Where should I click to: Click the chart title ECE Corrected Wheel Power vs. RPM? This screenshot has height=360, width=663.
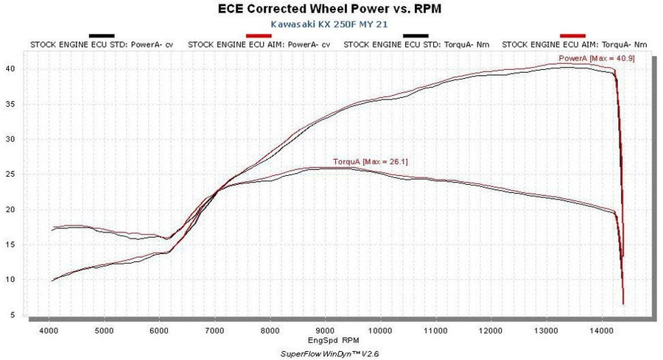click(x=331, y=9)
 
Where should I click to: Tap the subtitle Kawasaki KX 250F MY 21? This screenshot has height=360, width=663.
click(x=331, y=24)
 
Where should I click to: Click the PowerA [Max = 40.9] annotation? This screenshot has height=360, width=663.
click(x=586, y=58)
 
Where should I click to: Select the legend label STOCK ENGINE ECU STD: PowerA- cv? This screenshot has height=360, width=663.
click(x=102, y=45)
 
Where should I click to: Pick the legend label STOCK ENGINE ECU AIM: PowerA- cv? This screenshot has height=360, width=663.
click(x=259, y=45)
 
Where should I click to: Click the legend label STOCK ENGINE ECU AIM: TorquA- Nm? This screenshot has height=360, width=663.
click(x=574, y=45)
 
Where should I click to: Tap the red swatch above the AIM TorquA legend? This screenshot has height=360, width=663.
click(x=572, y=35)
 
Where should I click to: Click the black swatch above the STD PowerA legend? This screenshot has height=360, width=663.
click(x=101, y=35)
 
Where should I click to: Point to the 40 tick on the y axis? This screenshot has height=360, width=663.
click(x=13, y=69)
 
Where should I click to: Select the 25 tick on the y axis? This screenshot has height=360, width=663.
click(x=13, y=174)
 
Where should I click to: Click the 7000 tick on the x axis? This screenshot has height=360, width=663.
click(x=214, y=331)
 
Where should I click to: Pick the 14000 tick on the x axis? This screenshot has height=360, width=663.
click(x=602, y=331)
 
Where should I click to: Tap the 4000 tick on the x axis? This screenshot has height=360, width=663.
click(x=49, y=331)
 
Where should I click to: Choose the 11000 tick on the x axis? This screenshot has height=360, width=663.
click(x=435, y=331)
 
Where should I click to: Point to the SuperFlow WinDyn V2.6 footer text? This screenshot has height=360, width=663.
click(x=331, y=355)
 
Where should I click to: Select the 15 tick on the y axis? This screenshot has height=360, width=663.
click(x=13, y=244)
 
